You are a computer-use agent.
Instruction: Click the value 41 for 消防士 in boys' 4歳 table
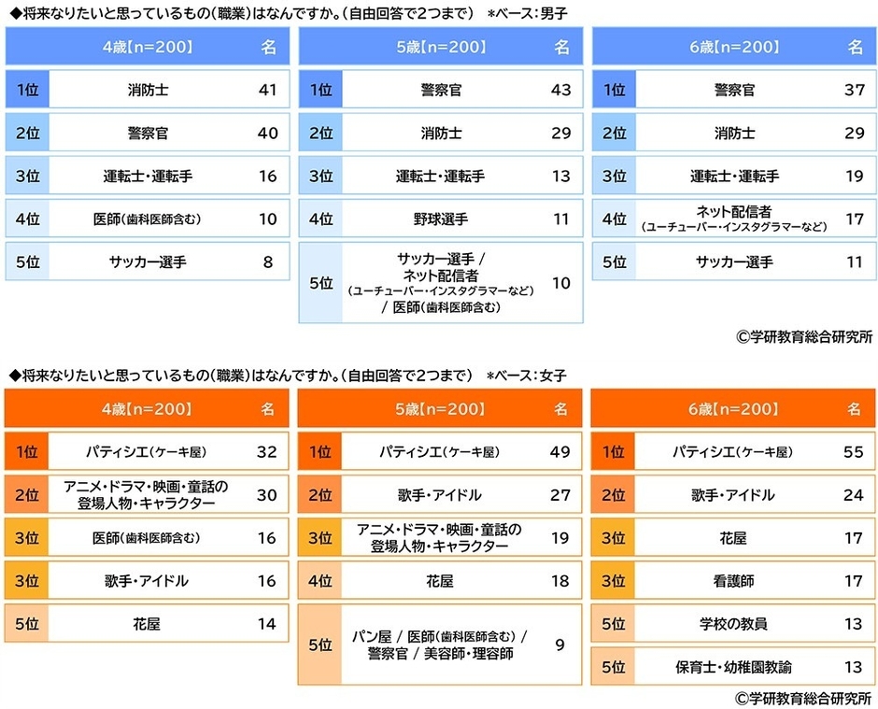268,91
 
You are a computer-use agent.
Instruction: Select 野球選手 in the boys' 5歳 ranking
440,220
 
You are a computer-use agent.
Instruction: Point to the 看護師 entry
733,581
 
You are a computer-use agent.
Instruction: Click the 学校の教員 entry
733,624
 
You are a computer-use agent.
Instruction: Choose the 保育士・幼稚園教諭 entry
733,667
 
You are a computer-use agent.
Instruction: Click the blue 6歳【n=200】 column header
733,47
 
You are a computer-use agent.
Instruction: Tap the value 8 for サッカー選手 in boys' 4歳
268,262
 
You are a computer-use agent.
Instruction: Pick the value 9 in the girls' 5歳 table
560,644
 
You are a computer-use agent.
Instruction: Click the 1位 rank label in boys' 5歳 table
320,91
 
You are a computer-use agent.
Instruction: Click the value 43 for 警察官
560,91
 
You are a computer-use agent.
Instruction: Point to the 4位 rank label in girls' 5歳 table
319,581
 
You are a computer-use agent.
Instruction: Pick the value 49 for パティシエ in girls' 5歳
560,452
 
